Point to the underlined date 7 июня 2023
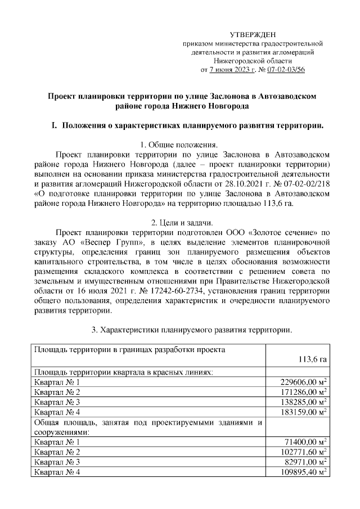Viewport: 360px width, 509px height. pyautogui.click(x=230, y=70)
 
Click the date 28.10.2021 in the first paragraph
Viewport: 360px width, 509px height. pyautogui.click(x=244, y=183)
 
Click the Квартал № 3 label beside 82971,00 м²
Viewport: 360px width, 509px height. pyautogui.click(x=57, y=462)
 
